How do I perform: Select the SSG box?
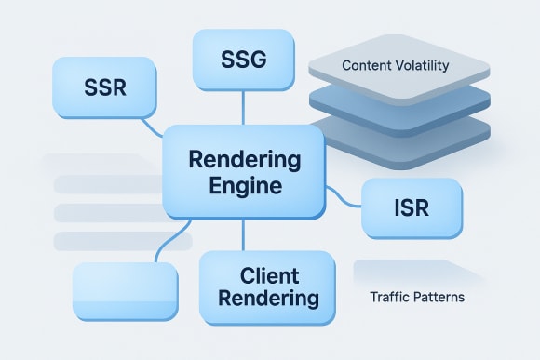tap(243, 60)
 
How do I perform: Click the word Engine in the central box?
tap(242, 185)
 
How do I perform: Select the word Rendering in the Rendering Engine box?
tap(242, 159)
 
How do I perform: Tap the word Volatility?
tap(428, 67)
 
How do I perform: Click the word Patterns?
tap(437, 300)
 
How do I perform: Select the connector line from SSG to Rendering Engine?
tap(243, 107)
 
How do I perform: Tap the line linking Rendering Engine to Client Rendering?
tap(243, 234)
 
